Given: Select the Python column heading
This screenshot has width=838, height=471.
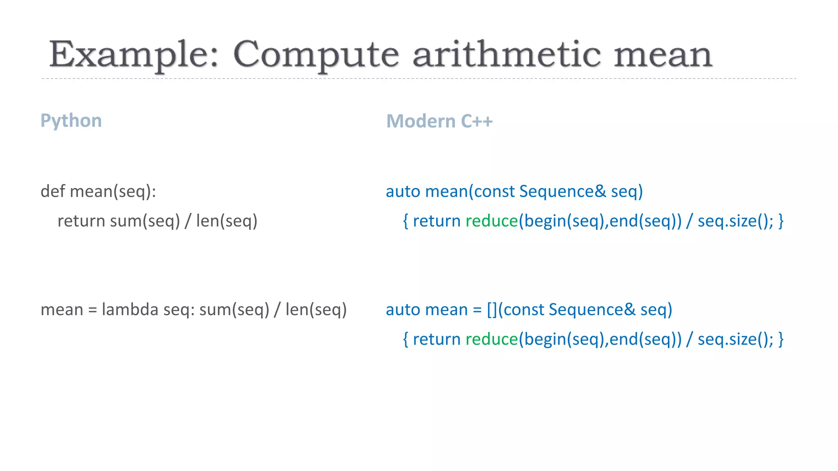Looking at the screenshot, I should pos(71,121).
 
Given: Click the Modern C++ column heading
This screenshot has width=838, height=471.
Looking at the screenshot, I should pos(439,121).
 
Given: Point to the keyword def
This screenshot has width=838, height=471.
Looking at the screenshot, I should pos(53,191).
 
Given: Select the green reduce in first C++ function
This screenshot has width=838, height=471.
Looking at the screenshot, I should pos(491,221).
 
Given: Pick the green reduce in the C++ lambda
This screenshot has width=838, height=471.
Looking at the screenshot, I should pos(491,339).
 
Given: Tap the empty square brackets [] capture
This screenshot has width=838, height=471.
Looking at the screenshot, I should pos(492,310).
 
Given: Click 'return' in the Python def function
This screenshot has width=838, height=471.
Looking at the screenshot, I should pos(81,221).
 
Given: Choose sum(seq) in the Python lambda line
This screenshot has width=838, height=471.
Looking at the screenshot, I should pos(234,310).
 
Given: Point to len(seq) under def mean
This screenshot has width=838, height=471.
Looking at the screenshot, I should pos(227,221).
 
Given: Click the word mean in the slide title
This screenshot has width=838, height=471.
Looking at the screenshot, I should pos(663,55).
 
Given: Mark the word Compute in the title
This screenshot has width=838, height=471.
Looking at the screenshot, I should pos(315,55).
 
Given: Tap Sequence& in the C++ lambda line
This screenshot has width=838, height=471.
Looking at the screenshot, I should pos(592,310).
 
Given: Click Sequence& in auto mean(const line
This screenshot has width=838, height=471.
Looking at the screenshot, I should pos(562,191).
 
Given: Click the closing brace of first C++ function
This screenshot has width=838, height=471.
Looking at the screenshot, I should pos(781,221).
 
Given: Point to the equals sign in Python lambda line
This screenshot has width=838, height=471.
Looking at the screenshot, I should pos(92,310).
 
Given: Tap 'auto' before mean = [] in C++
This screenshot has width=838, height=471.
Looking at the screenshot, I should pos(403,310).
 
